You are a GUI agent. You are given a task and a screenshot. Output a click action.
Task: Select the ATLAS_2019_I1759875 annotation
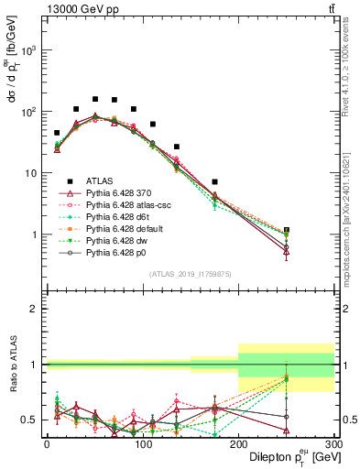click(x=184, y=273)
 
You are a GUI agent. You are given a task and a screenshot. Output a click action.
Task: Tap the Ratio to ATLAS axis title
click(x=12, y=365)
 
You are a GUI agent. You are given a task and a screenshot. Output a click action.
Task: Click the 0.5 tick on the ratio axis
click(x=32, y=420)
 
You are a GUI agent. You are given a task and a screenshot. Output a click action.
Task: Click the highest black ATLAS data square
click(x=95, y=99)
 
